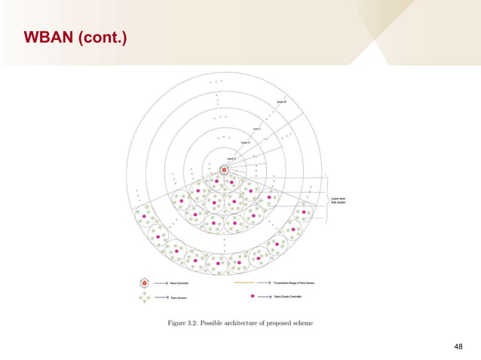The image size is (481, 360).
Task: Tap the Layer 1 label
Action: tap(231, 160)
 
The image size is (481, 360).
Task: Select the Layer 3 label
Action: tap(258, 129)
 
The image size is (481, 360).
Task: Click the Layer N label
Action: tap(281, 99)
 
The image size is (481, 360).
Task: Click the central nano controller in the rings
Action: tap(224, 170)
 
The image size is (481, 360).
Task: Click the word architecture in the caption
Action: tap(254, 323)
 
